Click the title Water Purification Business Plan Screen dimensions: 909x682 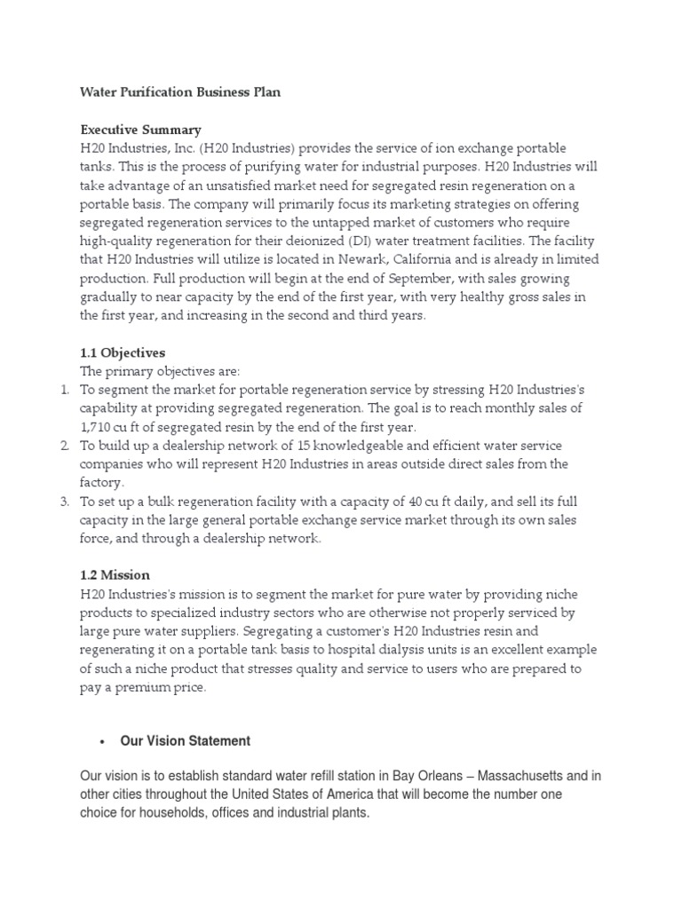[x=180, y=92]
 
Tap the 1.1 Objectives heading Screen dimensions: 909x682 [x=123, y=352]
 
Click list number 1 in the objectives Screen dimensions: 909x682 [x=64, y=390]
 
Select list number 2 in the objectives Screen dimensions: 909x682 [x=64, y=445]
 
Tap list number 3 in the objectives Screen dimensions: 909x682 [x=64, y=501]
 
